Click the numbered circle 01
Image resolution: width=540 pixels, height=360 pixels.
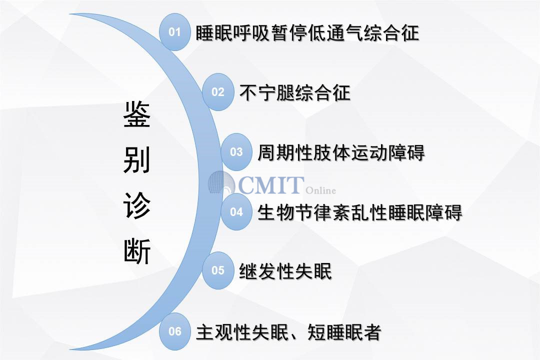pos(174,32)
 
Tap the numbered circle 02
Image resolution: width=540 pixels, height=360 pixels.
pos(217,92)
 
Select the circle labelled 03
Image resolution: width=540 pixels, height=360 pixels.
pos(236,152)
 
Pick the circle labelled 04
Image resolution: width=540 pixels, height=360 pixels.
pos(236,211)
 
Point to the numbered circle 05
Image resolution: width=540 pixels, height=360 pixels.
pos(217,270)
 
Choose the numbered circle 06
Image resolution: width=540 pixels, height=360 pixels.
pos(174,331)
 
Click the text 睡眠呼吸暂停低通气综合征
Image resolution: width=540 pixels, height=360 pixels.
pos(307,33)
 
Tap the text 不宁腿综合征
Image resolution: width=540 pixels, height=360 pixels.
pos(295,92)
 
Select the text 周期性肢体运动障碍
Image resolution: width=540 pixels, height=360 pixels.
pos(341,152)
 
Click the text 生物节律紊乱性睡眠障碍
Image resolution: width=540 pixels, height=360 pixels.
pos(359,212)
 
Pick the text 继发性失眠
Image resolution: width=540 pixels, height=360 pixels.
pos(285,271)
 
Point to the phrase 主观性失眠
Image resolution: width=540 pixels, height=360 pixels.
pos(242,332)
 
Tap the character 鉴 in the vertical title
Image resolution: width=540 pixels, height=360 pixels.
pos(136,114)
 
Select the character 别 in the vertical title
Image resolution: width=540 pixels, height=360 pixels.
pos(136,160)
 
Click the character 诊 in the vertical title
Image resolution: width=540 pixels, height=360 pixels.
pos(136,205)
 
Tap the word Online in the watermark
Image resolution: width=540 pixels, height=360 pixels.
pos(320,190)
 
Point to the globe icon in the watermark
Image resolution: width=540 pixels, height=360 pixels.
pos(221,183)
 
